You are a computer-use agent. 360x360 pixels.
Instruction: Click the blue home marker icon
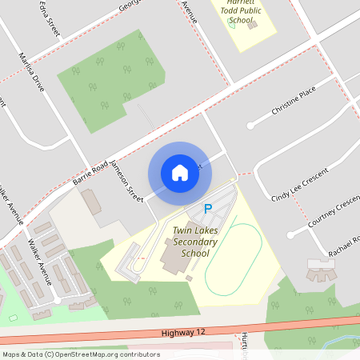click(x=180, y=172)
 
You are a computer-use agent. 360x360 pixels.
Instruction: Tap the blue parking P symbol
click(x=208, y=210)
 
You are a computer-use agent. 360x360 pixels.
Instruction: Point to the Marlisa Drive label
click(x=32, y=71)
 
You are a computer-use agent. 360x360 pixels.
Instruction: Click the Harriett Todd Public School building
click(x=254, y=25)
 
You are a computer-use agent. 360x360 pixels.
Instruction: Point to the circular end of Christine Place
click(x=250, y=126)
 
